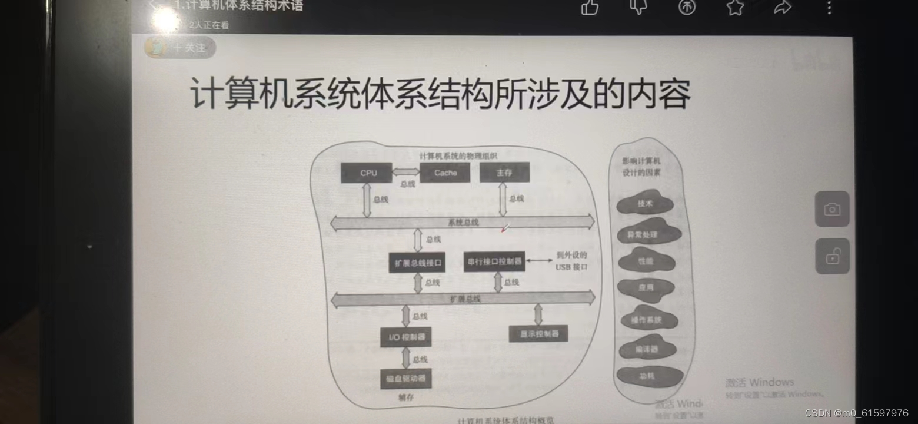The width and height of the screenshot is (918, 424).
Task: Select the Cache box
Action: click(x=445, y=173)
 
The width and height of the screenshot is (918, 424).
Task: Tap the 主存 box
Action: click(x=504, y=173)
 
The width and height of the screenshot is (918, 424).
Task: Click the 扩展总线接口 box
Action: click(x=417, y=263)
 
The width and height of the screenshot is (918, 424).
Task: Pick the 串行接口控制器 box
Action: click(x=494, y=261)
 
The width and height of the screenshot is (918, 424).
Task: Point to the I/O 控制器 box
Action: click(x=405, y=337)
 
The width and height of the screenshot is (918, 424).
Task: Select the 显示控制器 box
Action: click(x=538, y=334)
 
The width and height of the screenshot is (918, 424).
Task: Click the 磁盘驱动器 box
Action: click(x=405, y=379)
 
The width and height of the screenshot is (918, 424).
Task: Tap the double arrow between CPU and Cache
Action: click(x=405, y=172)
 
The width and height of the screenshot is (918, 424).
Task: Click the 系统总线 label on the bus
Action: click(x=463, y=223)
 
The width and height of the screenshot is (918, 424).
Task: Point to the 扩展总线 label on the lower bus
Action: click(x=465, y=299)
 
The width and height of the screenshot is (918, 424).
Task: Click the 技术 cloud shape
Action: click(x=645, y=204)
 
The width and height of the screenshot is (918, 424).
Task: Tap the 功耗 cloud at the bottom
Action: click(x=648, y=376)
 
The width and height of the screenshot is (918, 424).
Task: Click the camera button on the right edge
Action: click(x=832, y=209)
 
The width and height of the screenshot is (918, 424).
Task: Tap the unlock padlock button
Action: click(x=832, y=256)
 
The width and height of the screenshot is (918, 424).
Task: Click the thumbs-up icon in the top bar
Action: click(x=590, y=7)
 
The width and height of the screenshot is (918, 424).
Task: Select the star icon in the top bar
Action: click(x=735, y=7)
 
